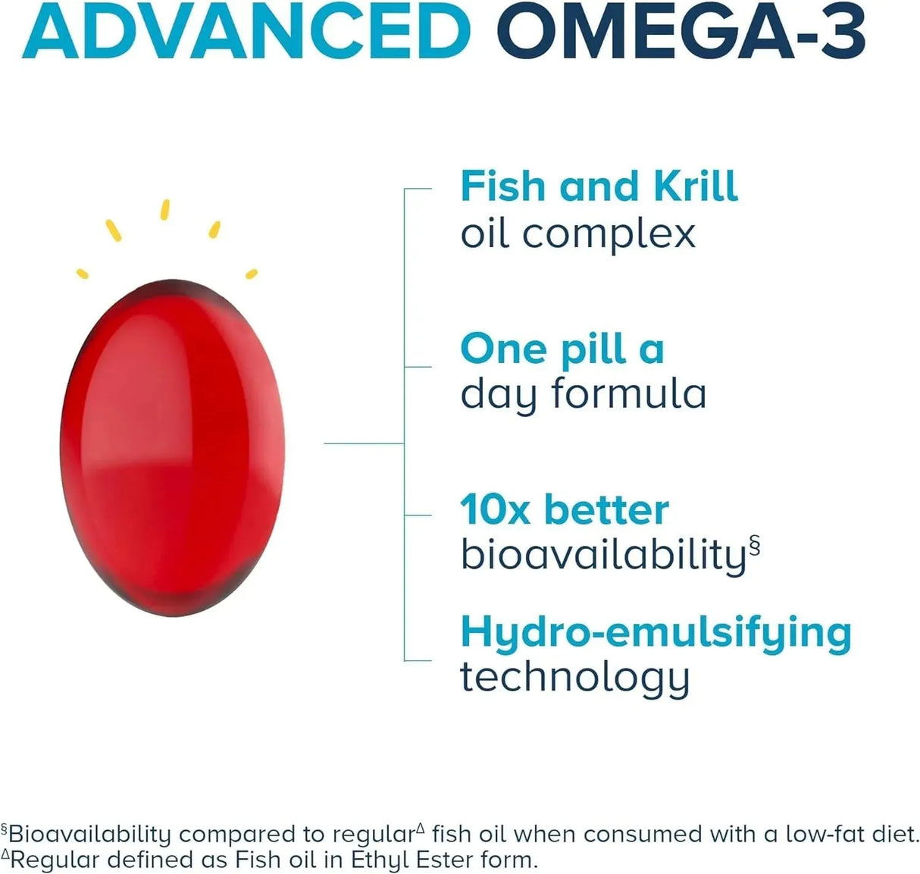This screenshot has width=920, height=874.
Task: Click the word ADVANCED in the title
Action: click(246, 30)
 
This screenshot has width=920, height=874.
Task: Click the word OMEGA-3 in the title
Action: click(685, 30)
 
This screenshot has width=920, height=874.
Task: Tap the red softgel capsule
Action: click(172, 447)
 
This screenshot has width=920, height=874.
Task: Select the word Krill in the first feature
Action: click(696, 186)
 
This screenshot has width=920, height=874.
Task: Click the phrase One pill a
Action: click(562, 349)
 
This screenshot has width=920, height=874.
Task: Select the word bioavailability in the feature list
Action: click(603, 556)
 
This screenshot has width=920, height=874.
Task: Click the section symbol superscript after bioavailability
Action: click(754, 545)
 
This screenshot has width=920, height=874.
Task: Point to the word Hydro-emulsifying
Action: click(656, 633)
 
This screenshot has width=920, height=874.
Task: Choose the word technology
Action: click(574, 678)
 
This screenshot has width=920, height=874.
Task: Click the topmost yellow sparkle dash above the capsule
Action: click(165, 209)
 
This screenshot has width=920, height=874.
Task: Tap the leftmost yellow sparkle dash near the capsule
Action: click(83, 273)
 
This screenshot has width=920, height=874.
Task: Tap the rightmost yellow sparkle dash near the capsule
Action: click(252, 273)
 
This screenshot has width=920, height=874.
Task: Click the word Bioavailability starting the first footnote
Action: click(90, 835)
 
